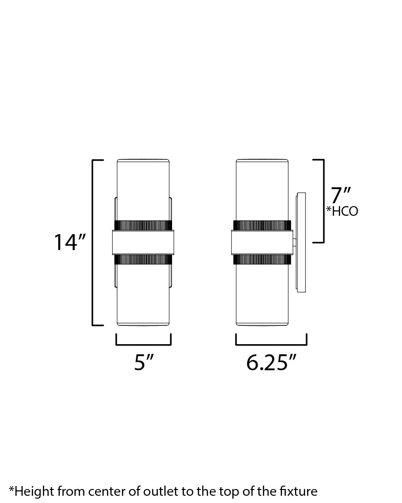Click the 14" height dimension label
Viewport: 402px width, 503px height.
[69, 242]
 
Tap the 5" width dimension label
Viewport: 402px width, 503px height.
[144, 363]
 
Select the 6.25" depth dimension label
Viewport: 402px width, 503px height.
[271, 363]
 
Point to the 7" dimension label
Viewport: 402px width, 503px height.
[341, 195]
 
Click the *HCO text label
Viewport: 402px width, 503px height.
[342, 211]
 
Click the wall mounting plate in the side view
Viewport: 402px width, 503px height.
[301, 242]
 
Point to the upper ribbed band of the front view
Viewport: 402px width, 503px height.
[143, 225]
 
